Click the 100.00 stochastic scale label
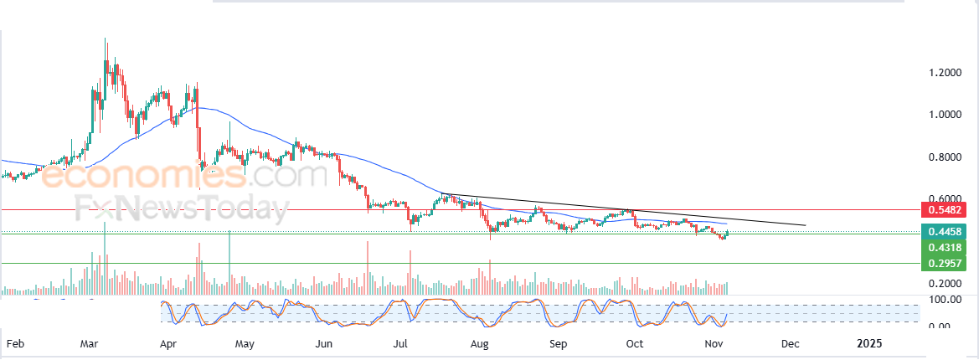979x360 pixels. tap(940, 299)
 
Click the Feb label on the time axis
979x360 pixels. tap(15, 343)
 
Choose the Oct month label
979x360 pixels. tap(635, 343)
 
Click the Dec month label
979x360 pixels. tap(789, 343)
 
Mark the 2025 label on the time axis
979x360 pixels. tap(869, 343)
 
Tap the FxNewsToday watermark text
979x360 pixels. tap(180, 208)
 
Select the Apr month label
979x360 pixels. tap(167, 343)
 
